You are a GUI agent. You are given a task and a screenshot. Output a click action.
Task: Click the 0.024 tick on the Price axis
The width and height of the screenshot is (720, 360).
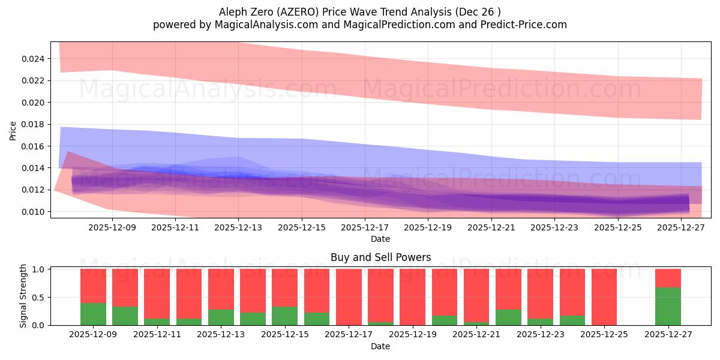pos(34,59)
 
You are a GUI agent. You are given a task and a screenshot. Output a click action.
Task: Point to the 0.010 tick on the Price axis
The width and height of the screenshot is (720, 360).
pos(34,212)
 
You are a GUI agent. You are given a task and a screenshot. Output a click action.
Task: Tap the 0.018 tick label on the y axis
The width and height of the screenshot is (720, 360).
pos(34,124)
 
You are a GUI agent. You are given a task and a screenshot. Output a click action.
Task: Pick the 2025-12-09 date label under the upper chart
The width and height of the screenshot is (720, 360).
pos(112,227)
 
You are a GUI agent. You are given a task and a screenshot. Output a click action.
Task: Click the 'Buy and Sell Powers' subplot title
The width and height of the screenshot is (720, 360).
pos(380,257)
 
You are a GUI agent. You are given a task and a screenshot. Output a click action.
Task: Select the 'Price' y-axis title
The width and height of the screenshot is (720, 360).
pos(13,130)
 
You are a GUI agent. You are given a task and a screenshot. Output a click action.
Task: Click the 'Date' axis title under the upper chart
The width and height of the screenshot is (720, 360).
pos(380,239)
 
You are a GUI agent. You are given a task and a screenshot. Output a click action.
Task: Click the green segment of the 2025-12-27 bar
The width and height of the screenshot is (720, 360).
pos(668,306)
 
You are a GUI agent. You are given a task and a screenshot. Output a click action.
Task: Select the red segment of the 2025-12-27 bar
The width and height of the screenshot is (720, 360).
pos(668,278)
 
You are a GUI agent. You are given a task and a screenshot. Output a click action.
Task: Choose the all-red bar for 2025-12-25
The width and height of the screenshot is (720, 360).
pos(604,297)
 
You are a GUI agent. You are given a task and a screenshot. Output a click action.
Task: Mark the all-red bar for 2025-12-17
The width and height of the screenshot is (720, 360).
pos(349,297)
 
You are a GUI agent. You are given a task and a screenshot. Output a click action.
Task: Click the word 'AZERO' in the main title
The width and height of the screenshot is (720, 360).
pos(283,11)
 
